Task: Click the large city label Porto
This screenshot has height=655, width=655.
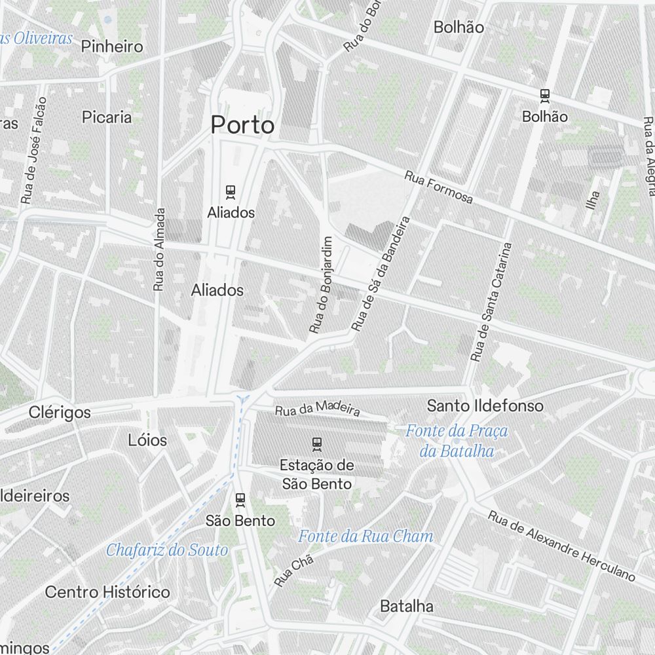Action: coord(242,124)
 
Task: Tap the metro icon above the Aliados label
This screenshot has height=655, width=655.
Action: coord(231,192)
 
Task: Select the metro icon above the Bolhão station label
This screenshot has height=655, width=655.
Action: coord(544,96)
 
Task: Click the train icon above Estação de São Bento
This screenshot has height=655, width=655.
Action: coord(317,444)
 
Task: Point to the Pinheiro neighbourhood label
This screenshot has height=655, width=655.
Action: coord(112,47)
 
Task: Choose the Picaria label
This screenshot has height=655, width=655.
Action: coord(107,117)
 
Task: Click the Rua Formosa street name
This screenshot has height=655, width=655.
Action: coord(438,187)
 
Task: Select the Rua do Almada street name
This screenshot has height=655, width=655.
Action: coord(159,250)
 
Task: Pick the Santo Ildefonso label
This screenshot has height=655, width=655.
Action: coord(485,406)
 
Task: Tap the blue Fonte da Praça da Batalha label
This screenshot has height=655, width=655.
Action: coord(457,441)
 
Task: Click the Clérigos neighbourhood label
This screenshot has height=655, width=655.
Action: coord(60,413)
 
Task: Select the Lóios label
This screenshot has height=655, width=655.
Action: coord(147,440)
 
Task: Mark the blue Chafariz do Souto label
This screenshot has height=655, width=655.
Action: coord(167,550)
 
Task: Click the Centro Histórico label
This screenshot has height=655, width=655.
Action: coord(107,592)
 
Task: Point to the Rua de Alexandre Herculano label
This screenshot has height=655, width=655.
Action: coord(561,546)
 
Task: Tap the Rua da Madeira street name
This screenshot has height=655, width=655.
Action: coord(318,409)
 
